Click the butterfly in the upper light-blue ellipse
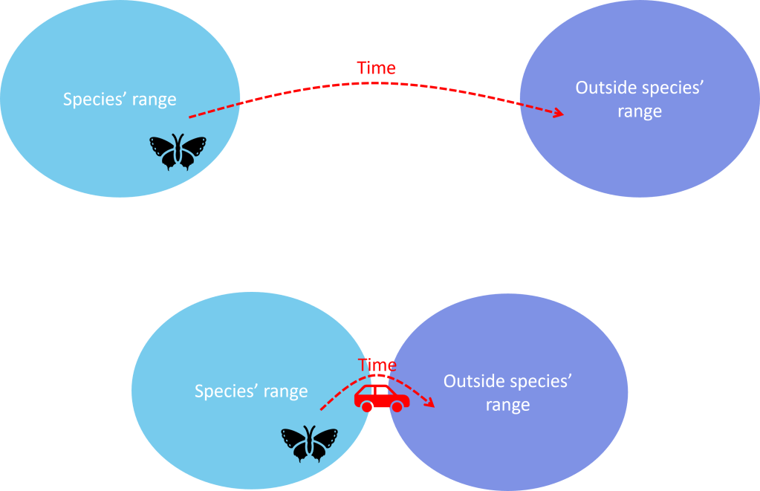(x=178, y=152)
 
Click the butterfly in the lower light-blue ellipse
(x=309, y=444)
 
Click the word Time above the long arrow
(x=377, y=68)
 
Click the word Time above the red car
(x=377, y=365)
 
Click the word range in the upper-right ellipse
(x=640, y=113)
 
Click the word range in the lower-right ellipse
(x=507, y=406)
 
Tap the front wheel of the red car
(x=398, y=406)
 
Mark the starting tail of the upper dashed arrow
(x=190, y=117)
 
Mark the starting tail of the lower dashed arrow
(x=322, y=409)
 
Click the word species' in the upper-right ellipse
(x=672, y=88)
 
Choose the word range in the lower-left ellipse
(x=285, y=392)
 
